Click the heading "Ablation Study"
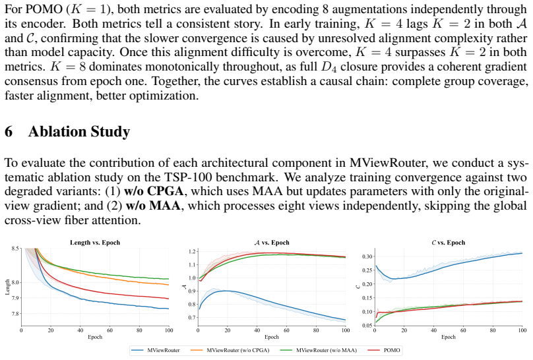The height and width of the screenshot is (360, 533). [79, 132]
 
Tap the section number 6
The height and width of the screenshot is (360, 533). [9, 132]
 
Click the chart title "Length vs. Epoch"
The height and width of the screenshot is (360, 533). [95, 243]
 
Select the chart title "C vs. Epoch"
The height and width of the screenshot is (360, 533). [448, 243]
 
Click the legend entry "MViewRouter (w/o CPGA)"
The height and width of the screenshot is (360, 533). [230, 350]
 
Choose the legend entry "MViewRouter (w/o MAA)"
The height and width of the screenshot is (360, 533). [319, 350]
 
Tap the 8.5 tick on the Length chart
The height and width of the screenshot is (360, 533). [15, 249]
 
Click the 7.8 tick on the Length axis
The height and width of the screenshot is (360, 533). [15, 314]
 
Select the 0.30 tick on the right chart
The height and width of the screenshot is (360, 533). [367, 256]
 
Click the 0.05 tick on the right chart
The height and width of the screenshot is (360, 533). [367, 325]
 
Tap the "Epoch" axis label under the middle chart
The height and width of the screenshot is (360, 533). [272, 337]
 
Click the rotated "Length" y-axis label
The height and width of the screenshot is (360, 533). [7, 287]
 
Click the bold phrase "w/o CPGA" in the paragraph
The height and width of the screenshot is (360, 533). [154, 191]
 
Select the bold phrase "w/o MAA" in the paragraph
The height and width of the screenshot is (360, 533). [153, 206]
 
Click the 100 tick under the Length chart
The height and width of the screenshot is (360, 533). [169, 330]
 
